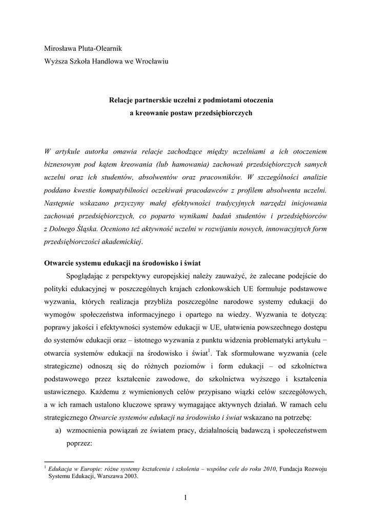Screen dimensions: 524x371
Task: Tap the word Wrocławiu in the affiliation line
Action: coord(153,61)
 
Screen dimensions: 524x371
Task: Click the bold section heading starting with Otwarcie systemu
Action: coord(121,263)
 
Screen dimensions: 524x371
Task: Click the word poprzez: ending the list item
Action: coord(79,443)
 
